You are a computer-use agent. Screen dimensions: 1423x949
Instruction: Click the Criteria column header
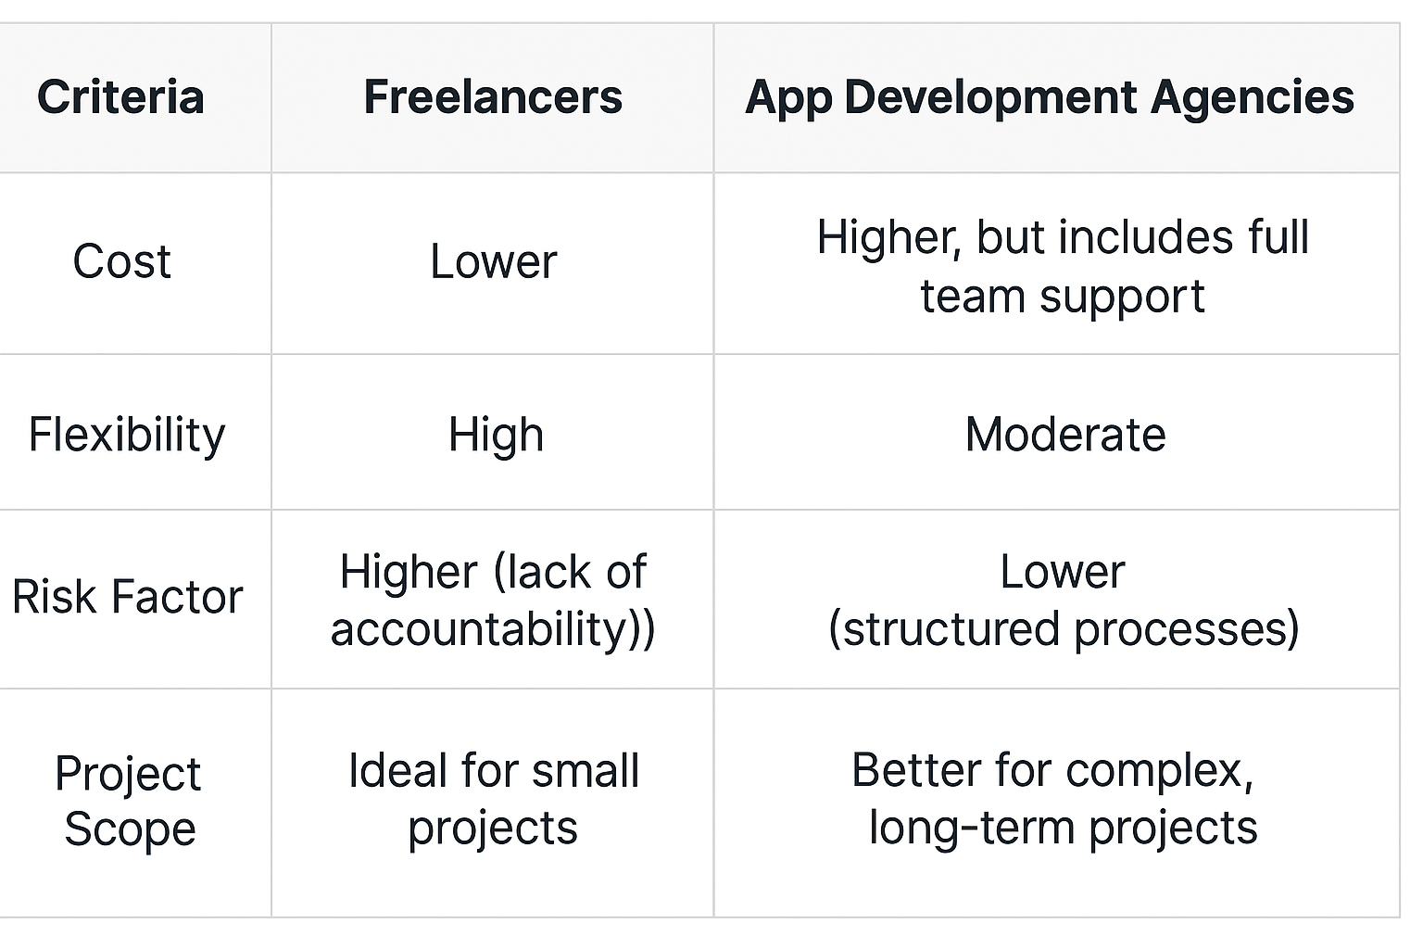point(120,97)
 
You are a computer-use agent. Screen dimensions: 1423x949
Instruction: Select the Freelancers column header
point(493,97)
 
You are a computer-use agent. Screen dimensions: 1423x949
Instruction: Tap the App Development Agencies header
point(1050,98)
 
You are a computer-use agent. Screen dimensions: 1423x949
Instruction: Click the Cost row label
point(122,261)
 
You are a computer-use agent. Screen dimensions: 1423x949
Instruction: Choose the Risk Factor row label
point(128,597)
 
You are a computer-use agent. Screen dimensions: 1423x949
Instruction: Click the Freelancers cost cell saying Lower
point(494,261)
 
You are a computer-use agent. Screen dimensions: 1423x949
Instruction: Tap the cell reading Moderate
point(1065,435)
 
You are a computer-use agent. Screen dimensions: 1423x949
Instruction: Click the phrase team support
point(1063,297)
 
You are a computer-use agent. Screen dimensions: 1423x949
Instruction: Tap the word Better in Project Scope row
point(919,771)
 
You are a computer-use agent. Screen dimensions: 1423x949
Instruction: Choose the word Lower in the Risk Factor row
point(1063,572)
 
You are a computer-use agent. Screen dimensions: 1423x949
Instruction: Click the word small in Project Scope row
point(586,771)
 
